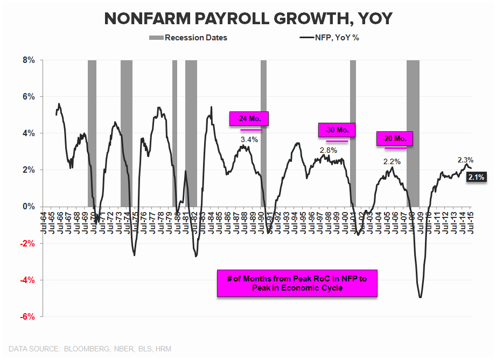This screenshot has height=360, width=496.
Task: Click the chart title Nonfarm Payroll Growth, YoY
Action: (x=248, y=18)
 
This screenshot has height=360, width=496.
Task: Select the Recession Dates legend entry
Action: (x=188, y=38)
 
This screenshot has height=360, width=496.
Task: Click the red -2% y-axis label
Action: (x=26, y=243)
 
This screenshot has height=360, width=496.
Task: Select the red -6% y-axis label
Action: (x=26, y=316)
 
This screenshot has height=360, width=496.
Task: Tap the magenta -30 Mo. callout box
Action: (x=337, y=130)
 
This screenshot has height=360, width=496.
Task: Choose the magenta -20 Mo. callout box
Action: (x=395, y=138)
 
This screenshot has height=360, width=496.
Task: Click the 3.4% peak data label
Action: (x=249, y=139)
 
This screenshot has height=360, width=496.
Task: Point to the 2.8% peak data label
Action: (x=328, y=150)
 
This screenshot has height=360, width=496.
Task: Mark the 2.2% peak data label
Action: (x=392, y=161)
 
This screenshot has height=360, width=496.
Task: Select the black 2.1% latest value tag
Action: (x=477, y=177)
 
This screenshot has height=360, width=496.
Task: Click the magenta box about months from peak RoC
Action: (x=297, y=283)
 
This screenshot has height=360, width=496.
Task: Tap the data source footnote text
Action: (x=90, y=349)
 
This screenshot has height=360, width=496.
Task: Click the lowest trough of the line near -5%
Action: (x=420, y=297)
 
